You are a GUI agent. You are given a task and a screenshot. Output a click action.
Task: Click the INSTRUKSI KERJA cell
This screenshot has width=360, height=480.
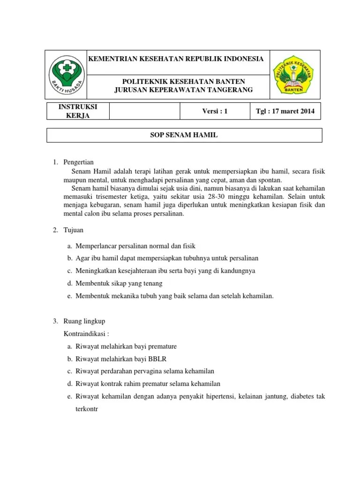77,112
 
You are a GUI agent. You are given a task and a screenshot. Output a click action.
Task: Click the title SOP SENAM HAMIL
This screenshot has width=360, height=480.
184,135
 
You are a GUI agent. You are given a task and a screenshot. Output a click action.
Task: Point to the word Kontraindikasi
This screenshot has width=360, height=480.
86,334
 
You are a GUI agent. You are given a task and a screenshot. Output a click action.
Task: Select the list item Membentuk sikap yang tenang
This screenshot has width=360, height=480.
119,283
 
